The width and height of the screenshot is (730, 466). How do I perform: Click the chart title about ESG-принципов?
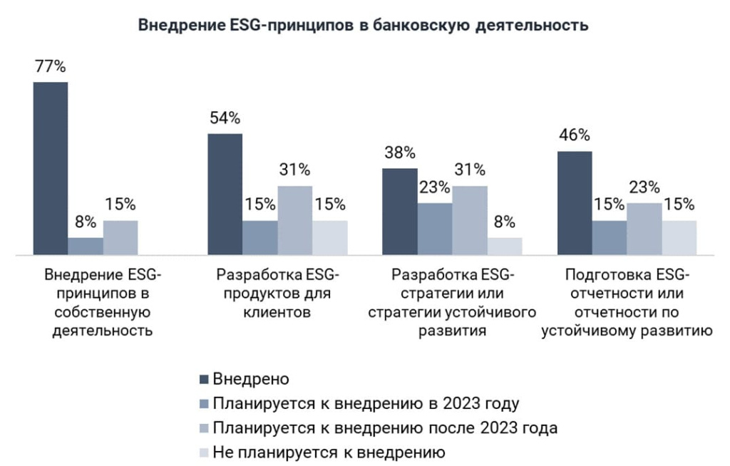[363, 24]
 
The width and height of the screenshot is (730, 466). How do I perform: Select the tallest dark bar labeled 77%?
[51, 169]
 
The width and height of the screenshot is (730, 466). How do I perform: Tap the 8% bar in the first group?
[86, 247]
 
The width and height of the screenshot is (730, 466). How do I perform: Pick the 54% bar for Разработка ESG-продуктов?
[225, 194]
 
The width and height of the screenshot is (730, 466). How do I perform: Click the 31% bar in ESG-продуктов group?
[295, 220]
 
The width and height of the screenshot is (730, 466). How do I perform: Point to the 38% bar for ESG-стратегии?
[400, 212]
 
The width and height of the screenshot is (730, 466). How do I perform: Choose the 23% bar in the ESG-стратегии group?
[435, 229]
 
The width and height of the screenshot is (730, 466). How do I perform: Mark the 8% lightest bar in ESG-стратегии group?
[505, 247]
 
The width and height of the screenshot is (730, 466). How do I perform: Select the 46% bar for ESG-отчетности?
[575, 203]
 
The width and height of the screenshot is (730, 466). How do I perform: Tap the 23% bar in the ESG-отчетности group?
[644, 229]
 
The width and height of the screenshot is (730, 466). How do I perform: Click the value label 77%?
[51, 66]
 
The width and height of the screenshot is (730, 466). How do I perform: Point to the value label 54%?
[225, 118]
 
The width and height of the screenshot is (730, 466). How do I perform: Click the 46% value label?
[575, 135]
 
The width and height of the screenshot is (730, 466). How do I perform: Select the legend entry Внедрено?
[245, 379]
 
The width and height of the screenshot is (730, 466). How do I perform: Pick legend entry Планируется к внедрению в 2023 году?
[359, 403]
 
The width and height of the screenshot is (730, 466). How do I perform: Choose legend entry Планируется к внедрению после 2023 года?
[378, 428]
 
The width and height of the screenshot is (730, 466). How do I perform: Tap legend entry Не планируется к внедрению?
[322, 452]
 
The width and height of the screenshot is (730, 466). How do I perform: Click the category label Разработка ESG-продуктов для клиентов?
[277, 294]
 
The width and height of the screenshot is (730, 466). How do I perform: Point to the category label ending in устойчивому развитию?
[627, 303]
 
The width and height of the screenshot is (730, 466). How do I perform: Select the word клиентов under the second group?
[277, 312]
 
